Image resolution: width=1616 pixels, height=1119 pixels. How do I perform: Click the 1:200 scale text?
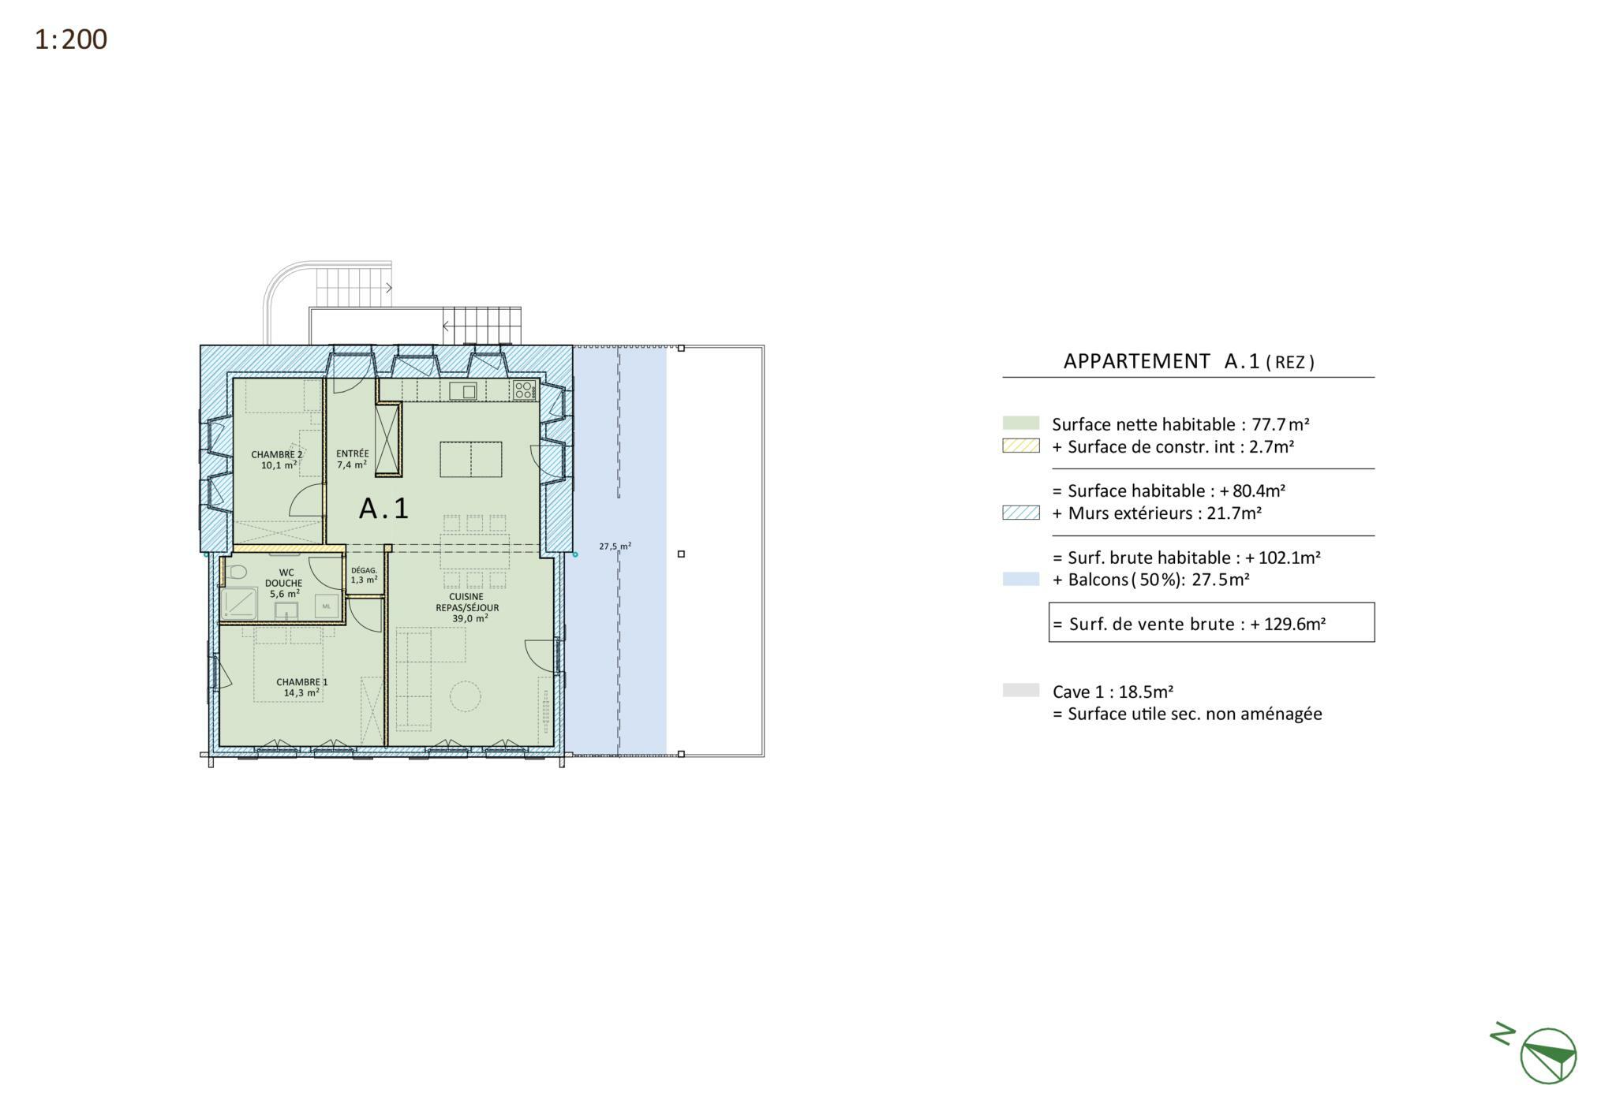pyautogui.click(x=71, y=39)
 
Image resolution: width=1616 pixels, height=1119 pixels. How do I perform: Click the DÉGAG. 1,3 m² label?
pyautogui.click(x=365, y=575)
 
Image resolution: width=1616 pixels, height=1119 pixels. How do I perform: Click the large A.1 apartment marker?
pyautogui.click(x=384, y=508)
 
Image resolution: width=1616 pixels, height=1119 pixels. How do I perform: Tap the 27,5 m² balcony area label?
pyautogui.click(x=615, y=546)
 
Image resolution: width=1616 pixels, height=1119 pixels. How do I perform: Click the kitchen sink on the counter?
pyautogui.click(x=463, y=390)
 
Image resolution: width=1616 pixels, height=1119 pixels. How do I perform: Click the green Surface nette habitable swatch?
pyautogui.click(x=1021, y=423)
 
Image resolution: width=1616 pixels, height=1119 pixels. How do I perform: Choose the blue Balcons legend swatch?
pyautogui.click(x=1021, y=579)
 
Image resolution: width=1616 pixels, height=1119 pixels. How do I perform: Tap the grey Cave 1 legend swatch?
pyautogui.click(x=1021, y=690)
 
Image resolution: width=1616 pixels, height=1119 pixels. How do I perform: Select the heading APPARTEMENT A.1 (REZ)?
pyautogui.click(x=1189, y=361)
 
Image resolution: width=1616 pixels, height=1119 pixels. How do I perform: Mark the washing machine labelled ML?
pyautogui.click(x=327, y=606)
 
